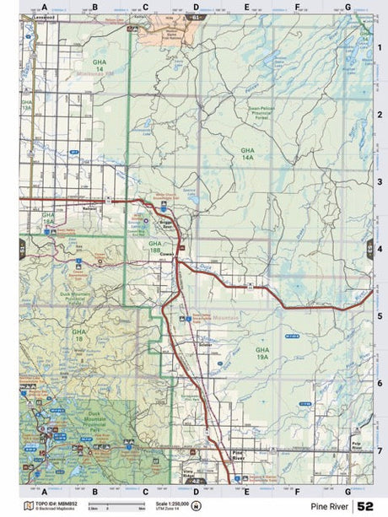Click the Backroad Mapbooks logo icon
click(30, 506)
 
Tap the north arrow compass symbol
click(197, 506)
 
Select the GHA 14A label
click(247, 153)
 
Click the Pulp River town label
click(356, 444)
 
